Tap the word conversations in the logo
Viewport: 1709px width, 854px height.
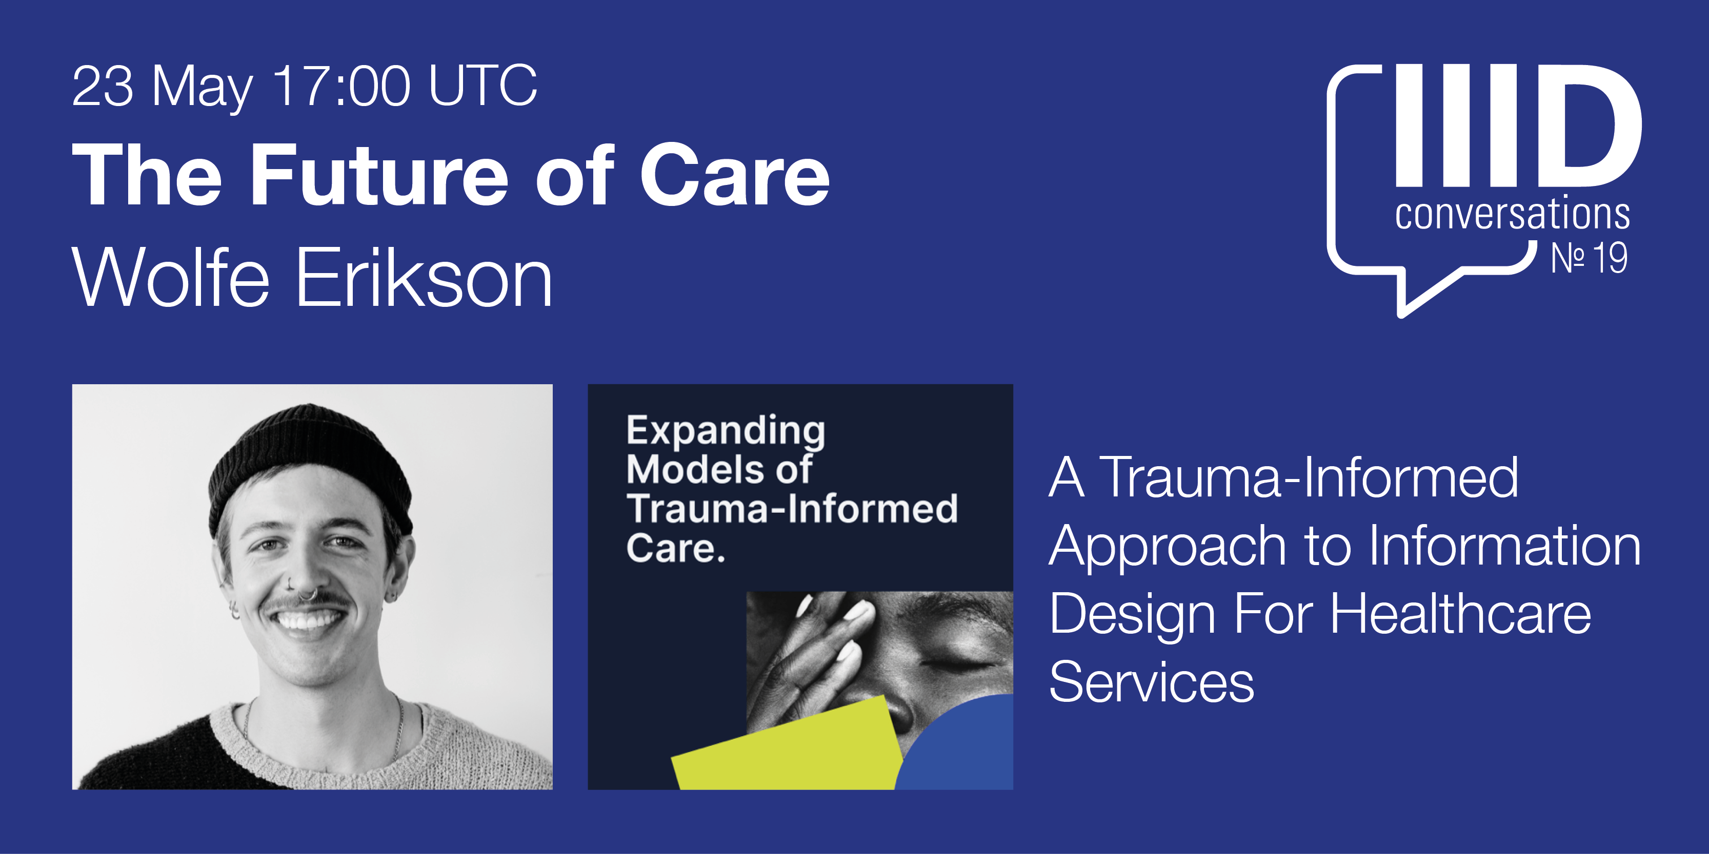point(1513,214)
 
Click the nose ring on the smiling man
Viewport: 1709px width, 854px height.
point(307,595)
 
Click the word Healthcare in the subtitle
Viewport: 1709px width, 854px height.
point(1461,614)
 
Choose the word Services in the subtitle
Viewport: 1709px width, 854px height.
point(1152,681)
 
